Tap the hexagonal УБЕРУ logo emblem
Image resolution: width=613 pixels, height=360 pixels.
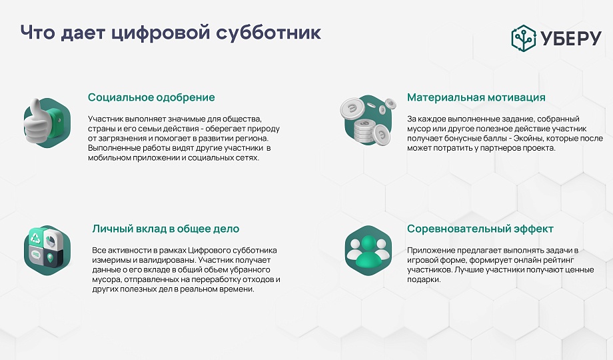pos(524,38)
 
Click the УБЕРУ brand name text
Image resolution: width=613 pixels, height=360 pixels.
pos(571,39)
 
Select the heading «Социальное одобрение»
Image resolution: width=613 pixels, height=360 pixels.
pos(151,97)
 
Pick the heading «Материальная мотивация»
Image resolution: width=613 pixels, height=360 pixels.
pos(476,97)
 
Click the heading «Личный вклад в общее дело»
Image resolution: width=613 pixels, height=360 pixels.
pos(166,229)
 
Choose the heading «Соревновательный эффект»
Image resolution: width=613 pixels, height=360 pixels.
pos(480,229)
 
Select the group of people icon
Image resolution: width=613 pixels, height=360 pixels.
pos(368,251)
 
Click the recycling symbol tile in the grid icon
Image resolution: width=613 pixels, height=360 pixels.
pos(35,237)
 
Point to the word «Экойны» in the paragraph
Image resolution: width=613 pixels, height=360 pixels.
pos(528,139)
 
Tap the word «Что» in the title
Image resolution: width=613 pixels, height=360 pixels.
pos(37,33)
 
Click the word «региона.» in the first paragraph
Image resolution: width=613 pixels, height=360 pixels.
pos(254,139)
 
